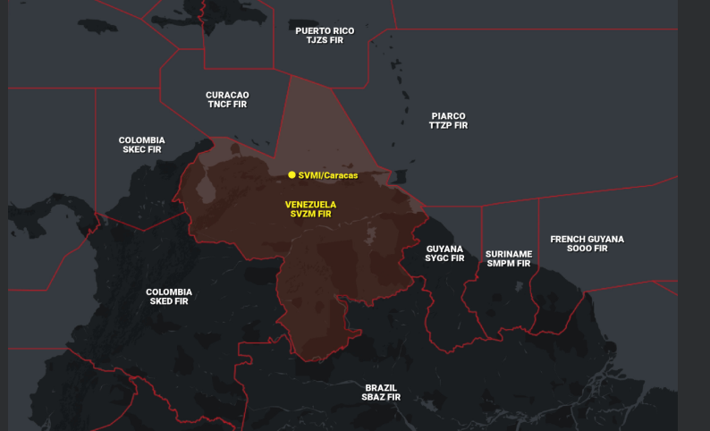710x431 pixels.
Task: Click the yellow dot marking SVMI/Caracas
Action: tap(292, 175)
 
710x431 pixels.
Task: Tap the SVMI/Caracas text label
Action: tap(328, 175)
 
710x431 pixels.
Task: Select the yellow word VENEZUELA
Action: tap(311, 204)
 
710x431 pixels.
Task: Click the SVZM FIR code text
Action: tap(311, 215)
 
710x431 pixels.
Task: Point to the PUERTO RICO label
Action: tap(325, 30)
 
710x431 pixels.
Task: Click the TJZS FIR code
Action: tap(325, 41)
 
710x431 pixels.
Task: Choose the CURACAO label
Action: tap(227, 94)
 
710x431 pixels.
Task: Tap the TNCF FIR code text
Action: tap(227, 105)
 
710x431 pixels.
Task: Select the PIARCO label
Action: tap(448, 115)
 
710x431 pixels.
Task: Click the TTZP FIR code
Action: tap(448, 126)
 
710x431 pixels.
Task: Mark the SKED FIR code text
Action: tap(168, 302)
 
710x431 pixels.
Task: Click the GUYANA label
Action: tap(444, 248)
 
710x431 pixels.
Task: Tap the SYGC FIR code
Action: tap(444, 258)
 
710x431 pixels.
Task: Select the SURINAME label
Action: tap(509, 253)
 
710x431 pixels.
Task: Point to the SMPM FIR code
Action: tap(509, 264)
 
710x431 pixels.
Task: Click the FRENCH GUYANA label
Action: tap(587, 239)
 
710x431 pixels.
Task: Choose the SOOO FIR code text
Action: tap(587, 249)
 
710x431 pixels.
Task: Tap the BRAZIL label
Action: tap(381, 387)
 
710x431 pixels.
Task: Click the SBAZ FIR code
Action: tap(381, 397)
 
